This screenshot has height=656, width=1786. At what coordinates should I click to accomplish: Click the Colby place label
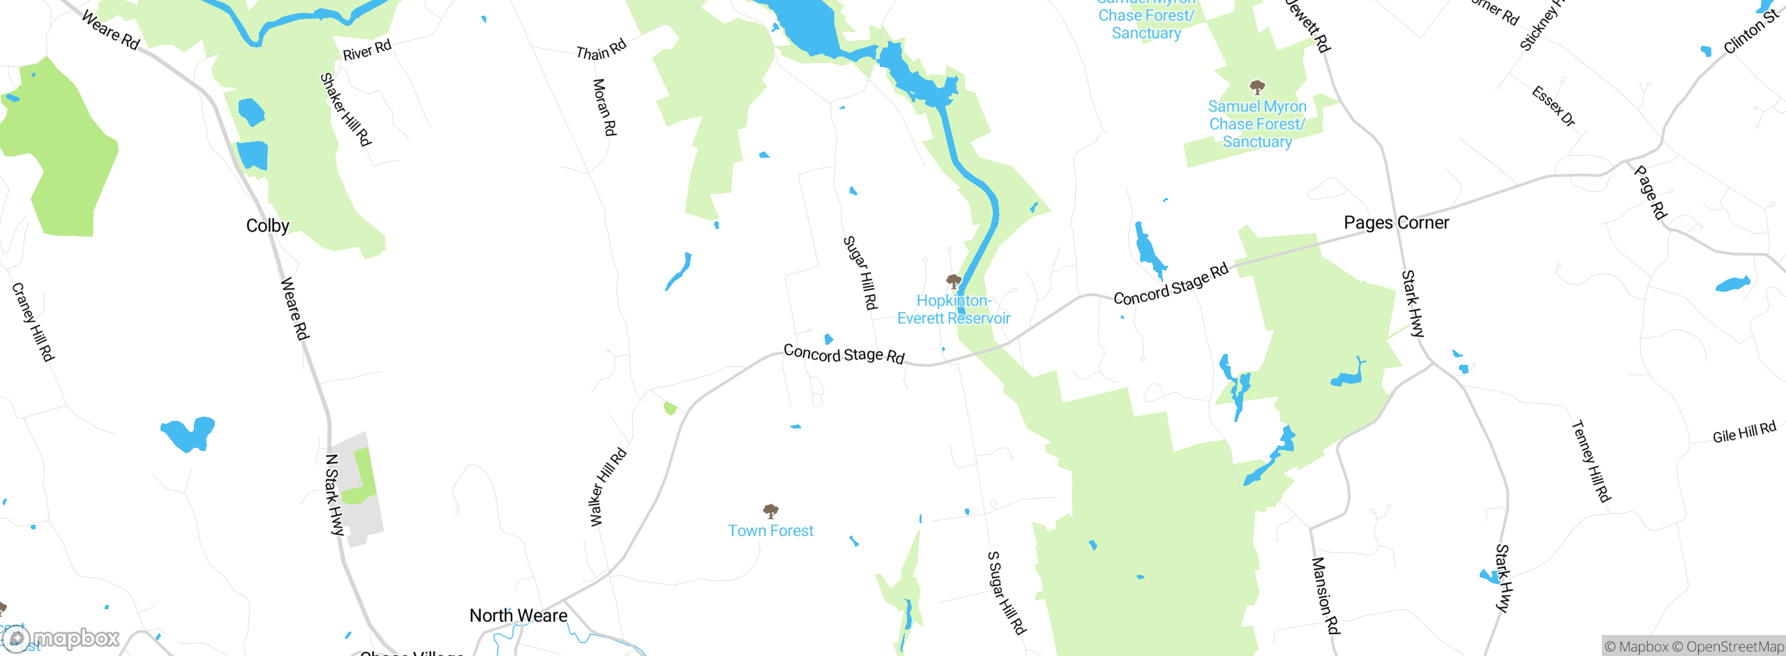tap(267, 225)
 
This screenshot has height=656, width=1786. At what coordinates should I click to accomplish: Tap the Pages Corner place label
tap(1396, 223)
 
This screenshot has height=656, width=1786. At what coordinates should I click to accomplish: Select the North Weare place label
tap(518, 616)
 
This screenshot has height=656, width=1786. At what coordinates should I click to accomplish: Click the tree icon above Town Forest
tap(771, 511)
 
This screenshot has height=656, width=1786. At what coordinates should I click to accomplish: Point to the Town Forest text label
tap(771, 531)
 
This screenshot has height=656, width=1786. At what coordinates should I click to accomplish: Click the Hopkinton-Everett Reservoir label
tap(954, 310)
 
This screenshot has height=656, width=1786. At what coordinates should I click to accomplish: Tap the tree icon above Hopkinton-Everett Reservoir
tap(954, 281)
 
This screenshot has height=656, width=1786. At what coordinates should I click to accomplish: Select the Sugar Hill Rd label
tap(860, 273)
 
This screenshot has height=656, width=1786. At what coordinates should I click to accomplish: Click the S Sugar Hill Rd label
tap(1007, 593)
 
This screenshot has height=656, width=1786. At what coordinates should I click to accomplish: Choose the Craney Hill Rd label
tap(33, 322)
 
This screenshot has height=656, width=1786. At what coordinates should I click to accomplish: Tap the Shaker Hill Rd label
tap(345, 110)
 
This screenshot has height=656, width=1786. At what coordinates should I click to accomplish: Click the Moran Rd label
tap(604, 107)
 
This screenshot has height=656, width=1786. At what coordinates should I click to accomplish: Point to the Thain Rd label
tap(601, 50)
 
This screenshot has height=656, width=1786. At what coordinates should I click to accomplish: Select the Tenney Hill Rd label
tap(1591, 461)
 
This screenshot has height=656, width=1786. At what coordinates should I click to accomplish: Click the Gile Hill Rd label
tap(1744, 433)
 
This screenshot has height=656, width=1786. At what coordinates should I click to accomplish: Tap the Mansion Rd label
tap(1326, 595)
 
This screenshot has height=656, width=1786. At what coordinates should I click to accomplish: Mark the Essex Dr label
tap(1554, 106)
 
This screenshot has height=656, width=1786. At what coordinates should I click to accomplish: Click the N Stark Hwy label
tap(335, 495)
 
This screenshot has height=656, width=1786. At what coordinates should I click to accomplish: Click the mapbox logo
tap(61, 639)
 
